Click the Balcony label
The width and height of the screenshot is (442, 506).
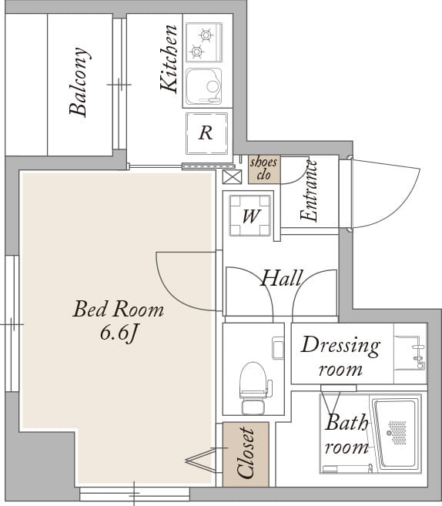click(79, 82)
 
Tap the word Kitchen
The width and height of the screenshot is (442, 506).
click(169, 59)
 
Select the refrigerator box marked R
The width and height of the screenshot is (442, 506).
click(206, 133)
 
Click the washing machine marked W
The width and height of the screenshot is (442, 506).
click(249, 215)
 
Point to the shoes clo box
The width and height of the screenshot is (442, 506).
click(264, 169)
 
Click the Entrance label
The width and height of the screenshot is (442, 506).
click(309, 191)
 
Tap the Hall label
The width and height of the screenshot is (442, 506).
click(282, 278)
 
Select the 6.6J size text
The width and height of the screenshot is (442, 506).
click(119, 333)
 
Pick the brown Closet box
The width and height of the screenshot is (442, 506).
click(246, 454)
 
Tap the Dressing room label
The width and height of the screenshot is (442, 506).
click(340, 357)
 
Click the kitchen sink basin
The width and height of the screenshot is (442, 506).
click(204, 86)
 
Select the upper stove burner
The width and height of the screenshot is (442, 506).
click(206, 35)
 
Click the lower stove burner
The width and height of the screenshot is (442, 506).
click(197, 51)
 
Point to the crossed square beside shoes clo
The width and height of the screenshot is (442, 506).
click(232, 177)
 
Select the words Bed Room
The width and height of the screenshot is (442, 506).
click(119, 309)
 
